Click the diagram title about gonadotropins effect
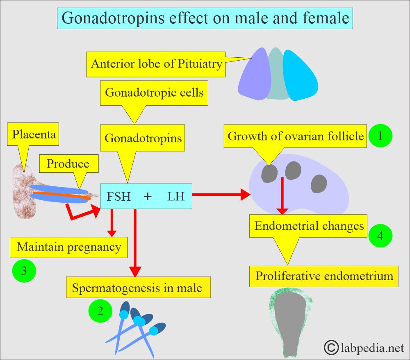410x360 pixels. coord(205,18)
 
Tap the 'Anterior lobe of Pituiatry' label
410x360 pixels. coord(157,64)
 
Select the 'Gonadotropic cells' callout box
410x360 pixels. coord(154,92)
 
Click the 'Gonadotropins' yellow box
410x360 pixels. coord(143,138)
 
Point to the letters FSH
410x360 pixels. coord(118,197)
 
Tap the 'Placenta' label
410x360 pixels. coord(34,134)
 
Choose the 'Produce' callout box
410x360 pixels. coord(68,164)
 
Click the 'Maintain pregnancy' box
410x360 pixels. coord(69,247)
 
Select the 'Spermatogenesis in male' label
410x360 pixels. coord(137,288)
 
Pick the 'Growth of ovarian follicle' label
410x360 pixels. coord(296,136)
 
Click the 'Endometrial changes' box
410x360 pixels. coord(309,226)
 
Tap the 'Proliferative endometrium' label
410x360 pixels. coord(324,276)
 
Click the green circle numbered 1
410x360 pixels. coord(380,136)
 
